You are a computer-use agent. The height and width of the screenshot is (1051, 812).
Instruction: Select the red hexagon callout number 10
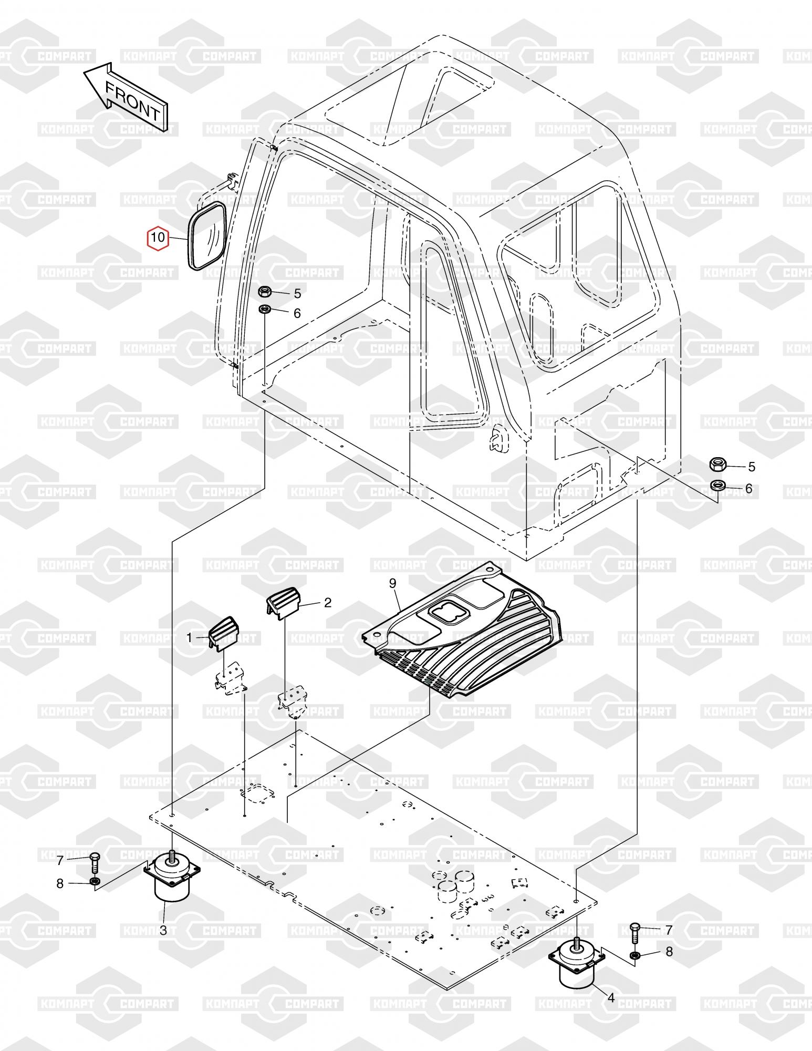(158, 238)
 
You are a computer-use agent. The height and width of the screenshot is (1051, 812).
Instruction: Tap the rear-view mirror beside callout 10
(207, 236)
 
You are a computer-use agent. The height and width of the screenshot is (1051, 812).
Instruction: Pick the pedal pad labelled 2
(283, 603)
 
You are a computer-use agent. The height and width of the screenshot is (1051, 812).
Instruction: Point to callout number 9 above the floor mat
(391, 583)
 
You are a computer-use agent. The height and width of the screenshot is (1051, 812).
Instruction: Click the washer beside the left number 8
(95, 881)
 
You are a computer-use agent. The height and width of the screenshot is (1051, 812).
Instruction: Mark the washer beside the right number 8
(634, 954)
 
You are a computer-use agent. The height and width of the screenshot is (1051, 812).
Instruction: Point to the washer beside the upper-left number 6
(266, 309)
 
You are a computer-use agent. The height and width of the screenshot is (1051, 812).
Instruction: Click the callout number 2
(328, 603)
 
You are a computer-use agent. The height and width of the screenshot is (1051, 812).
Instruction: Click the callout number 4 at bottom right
(611, 996)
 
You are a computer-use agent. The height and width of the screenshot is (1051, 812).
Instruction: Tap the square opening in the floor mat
(445, 612)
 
